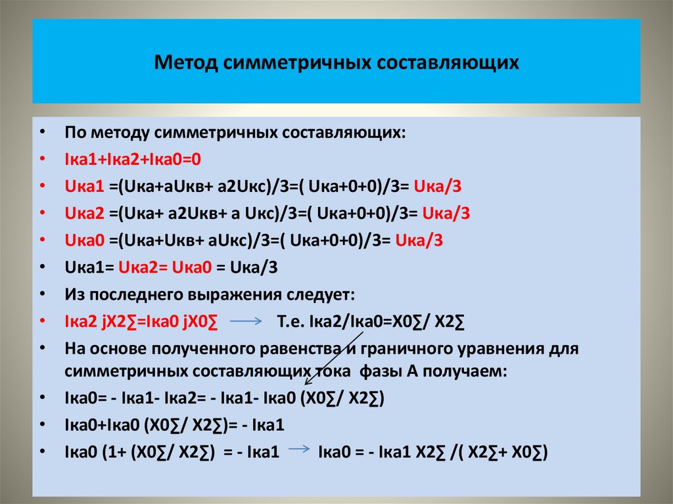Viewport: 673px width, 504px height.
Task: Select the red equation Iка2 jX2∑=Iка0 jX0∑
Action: click(141, 321)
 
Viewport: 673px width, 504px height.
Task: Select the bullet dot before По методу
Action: click(43, 133)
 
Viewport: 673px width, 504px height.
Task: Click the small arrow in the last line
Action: click(300, 450)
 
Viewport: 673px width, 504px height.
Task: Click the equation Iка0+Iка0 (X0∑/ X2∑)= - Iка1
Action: click(174, 425)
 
